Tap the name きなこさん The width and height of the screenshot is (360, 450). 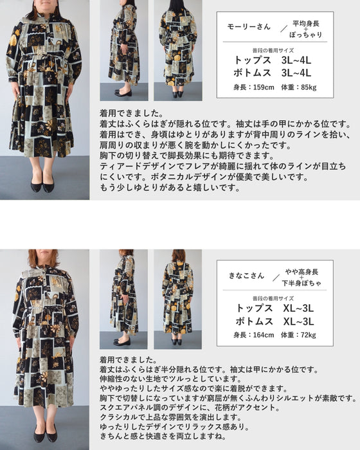(247, 275)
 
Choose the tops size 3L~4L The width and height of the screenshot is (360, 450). (296, 59)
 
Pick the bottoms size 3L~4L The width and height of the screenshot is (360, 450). (296, 73)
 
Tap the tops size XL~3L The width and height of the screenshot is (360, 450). (298, 308)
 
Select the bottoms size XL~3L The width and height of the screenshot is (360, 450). (298, 321)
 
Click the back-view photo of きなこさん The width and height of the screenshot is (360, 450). (177, 299)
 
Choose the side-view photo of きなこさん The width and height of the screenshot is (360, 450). (123, 299)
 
